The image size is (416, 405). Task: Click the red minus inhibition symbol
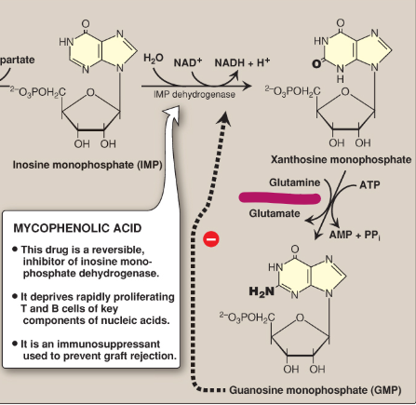[211, 239]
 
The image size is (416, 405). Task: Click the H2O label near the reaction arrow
[154, 60]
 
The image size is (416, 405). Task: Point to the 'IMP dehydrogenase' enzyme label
[195, 93]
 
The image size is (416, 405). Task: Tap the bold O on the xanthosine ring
[317, 64]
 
